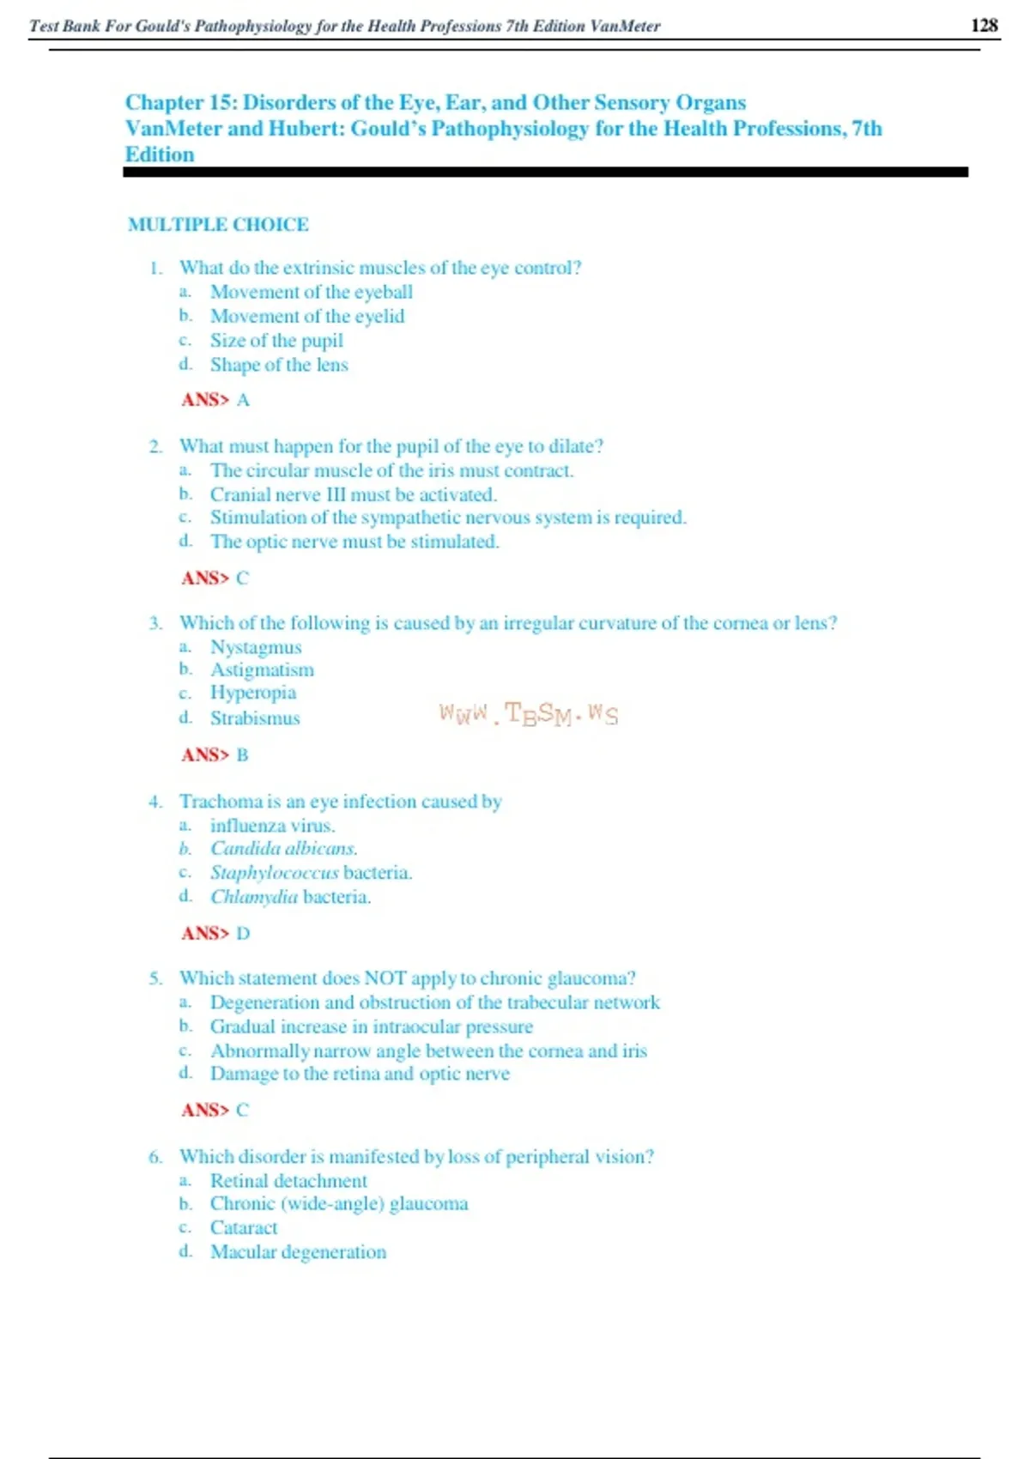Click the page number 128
[984, 25]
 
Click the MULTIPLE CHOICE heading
[218, 225]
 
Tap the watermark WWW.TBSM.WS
[528, 714]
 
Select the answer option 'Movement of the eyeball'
[312, 292]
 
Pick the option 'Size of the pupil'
[276, 341]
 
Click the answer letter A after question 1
[243, 400]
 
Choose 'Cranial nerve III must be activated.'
[354, 494]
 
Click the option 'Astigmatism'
[262, 669]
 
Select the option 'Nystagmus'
[256, 647]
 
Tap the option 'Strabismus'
[255, 718]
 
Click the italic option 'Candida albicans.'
[284, 848]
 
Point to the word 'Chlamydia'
[254, 897]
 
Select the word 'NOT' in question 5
[385, 978]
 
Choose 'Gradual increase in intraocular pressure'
[372, 1026]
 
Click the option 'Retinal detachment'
[288, 1181]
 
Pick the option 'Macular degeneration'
[298, 1252]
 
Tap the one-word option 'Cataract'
[244, 1228]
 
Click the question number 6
[155, 1157]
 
